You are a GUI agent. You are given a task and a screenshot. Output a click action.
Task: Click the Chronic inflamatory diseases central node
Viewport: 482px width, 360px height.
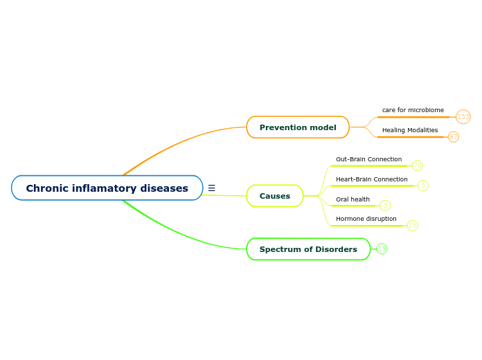click(x=107, y=188)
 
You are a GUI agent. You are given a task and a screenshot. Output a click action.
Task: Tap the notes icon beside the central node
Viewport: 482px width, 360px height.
click(x=211, y=188)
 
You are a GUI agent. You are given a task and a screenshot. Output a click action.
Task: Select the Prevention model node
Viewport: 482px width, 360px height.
click(x=298, y=127)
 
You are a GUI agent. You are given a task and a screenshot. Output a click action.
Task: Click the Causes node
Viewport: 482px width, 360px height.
click(x=275, y=196)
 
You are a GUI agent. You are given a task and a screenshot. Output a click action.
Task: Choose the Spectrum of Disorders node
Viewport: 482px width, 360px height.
click(x=308, y=249)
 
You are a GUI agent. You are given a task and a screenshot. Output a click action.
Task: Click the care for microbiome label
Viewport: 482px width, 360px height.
click(x=413, y=110)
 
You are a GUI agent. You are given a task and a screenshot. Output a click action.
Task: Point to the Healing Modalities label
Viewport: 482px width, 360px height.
click(x=410, y=130)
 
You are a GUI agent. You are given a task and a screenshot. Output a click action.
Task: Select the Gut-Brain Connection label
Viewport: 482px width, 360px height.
click(x=368, y=159)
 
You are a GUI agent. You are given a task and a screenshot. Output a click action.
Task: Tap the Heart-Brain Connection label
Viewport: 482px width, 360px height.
click(x=371, y=179)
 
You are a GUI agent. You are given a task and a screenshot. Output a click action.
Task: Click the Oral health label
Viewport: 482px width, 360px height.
click(x=352, y=199)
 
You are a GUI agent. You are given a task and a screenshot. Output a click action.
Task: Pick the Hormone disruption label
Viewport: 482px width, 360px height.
click(x=366, y=219)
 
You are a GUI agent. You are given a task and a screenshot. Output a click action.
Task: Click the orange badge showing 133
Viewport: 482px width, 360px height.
click(x=463, y=116)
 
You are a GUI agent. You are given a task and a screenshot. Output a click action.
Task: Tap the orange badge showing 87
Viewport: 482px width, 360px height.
click(x=453, y=137)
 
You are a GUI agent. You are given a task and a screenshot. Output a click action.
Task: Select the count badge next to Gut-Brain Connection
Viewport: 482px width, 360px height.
click(x=418, y=165)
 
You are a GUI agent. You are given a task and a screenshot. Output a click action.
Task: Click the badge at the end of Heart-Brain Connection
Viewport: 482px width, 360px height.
click(x=423, y=186)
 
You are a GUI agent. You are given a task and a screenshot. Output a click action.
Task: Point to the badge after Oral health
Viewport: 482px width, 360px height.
click(x=385, y=206)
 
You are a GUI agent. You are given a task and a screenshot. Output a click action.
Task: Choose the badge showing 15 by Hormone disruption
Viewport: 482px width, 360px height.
click(x=413, y=225)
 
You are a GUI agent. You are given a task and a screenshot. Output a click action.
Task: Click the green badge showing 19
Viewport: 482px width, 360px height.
click(x=382, y=249)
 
